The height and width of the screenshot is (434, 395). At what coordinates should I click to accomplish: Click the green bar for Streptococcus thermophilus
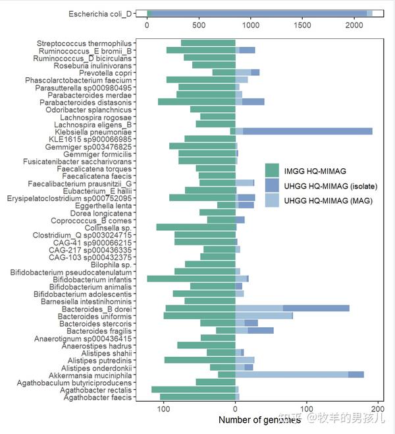coord(208,43)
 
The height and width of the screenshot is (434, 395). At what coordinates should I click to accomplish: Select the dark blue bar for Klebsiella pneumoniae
coord(307,131)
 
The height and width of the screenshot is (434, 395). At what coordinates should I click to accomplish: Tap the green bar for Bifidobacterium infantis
coord(191,279)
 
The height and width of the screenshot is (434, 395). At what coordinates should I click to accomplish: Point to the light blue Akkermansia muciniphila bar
coord(292,375)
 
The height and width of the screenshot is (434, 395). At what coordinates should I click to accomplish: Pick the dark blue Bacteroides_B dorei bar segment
coord(316,308)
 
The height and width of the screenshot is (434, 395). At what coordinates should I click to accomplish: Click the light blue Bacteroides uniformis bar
coord(264,315)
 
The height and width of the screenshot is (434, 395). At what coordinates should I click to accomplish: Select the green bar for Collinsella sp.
coord(196,228)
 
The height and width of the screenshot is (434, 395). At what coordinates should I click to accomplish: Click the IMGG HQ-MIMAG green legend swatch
coord(272,170)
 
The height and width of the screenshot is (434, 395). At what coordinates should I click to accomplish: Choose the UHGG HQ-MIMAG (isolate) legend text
coord(330,186)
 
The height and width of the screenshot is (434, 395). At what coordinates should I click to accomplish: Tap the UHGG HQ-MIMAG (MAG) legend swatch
coord(272,200)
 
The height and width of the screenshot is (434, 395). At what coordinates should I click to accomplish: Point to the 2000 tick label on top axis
coord(354,25)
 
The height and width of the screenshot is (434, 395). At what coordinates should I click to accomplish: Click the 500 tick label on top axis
coord(199,25)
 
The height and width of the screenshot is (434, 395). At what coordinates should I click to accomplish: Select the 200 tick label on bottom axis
coord(378,409)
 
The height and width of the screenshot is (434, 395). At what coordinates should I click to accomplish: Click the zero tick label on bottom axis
coord(235,409)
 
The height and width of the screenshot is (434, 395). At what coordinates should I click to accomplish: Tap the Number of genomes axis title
coord(259,420)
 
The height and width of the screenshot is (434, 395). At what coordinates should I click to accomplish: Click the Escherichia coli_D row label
coord(100,14)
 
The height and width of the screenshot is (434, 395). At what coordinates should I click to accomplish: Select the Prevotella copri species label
coord(105,73)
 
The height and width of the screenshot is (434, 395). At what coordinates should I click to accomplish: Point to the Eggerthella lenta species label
coord(103,206)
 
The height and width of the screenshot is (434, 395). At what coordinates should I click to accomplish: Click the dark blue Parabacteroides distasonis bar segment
coord(253,102)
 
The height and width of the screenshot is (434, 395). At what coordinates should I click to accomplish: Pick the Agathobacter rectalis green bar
coord(194,389)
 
